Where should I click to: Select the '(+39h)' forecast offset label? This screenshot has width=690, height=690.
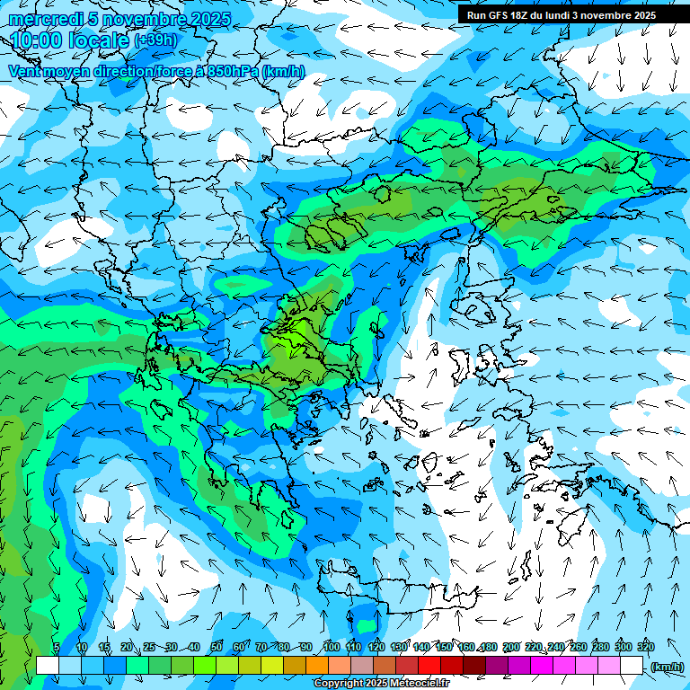(155, 40)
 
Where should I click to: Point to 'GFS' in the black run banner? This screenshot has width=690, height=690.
(502, 15)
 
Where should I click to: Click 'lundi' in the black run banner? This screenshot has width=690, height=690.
(566, 15)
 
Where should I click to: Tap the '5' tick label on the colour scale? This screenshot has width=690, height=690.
(56, 648)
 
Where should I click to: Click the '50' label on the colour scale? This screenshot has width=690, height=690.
(217, 648)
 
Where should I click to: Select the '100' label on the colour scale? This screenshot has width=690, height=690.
(332, 648)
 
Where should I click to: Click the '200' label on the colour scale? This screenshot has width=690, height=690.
(510, 648)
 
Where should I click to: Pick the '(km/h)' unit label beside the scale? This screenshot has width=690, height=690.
(667, 667)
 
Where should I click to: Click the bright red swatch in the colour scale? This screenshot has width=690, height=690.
(429, 666)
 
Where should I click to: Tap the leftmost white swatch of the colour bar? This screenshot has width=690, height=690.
(48, 666)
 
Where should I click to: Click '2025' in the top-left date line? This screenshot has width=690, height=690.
(206, 20)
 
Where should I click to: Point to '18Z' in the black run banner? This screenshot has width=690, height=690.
(527, 15)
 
